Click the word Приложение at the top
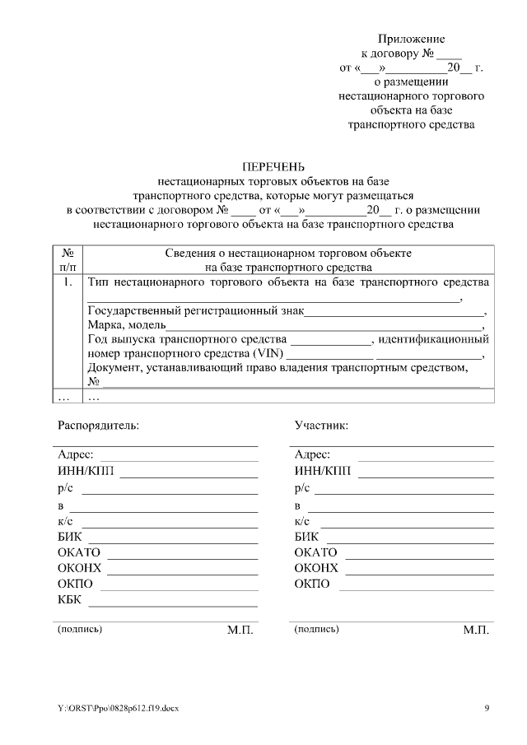tap(411, 39)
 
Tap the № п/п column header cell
tap(68, 260)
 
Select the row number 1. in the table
tap(68, 282)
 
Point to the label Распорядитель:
tap(98, 426)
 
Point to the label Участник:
tap(321, 426)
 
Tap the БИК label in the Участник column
tap(306, 537)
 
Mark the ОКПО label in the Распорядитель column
tap(76, 584)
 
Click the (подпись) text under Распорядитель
tap(80, 629)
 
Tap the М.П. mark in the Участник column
tap(476, 630)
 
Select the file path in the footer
tap(118, 708)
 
